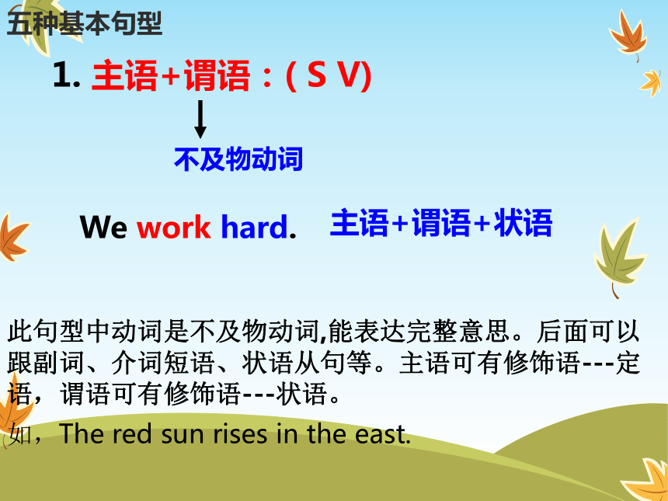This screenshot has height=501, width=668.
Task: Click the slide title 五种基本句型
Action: coord(85,23)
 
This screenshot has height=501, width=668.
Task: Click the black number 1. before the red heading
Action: coord(67,75)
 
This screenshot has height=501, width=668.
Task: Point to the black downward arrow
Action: coord(200,120)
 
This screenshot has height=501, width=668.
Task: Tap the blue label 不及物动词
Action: coord(238,159)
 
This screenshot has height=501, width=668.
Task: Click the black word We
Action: coord(103,227)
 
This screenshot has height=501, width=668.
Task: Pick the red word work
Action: coord(173,227)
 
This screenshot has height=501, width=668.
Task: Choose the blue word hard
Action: coord(255,226)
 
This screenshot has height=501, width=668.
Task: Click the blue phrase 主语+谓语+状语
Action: coord(441,222)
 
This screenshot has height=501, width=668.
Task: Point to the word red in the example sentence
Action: coord(132,433)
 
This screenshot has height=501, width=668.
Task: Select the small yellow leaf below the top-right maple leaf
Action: coord(651,83)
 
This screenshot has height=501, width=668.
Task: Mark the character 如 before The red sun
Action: coord(19,434)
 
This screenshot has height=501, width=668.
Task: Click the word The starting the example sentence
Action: coord(81,433)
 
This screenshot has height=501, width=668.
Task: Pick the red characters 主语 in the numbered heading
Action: coord(124,75)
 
